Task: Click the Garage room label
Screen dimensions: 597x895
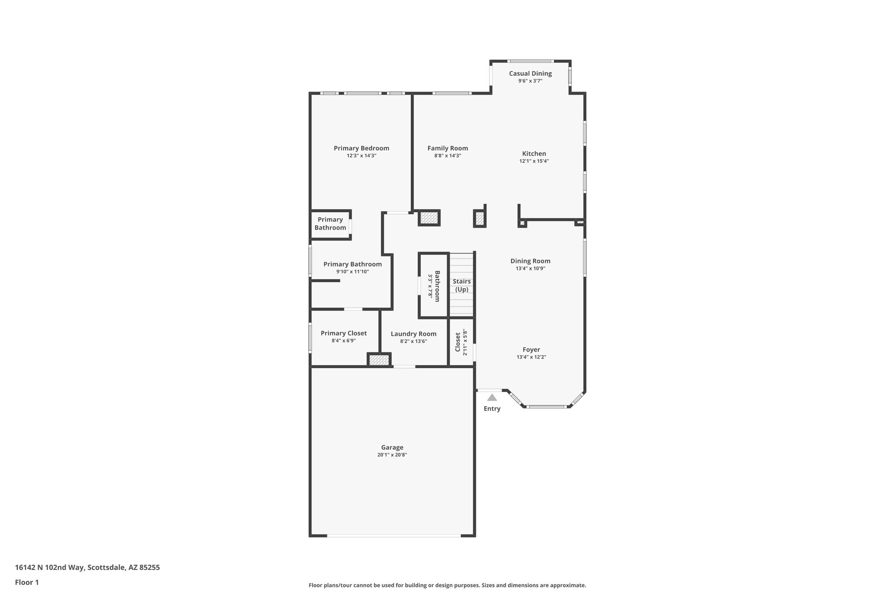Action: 392,447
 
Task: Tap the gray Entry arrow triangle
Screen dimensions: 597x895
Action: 492,398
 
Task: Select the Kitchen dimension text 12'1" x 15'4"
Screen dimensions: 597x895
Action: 534,161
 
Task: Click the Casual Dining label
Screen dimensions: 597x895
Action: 530,73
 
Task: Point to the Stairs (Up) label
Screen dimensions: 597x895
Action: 461,285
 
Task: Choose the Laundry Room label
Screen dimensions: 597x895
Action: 413,334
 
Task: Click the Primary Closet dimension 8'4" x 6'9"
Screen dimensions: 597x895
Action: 343,341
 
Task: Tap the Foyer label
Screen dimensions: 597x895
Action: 531,349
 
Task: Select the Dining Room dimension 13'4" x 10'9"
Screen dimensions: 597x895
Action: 530,269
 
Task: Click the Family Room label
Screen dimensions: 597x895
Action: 447,148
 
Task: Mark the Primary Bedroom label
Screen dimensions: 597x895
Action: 361,148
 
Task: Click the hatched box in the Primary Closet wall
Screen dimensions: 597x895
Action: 378,360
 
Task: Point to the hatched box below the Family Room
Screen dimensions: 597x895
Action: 429,218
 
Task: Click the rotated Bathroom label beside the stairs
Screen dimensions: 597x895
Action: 437,286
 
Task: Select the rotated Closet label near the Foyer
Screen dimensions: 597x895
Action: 458,342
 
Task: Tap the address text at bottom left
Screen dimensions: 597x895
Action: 87,567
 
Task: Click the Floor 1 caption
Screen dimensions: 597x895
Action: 27,582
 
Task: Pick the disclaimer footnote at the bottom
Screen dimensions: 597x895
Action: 447,585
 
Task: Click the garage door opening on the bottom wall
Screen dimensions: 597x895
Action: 393,535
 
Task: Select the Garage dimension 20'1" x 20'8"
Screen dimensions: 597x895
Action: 392,455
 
